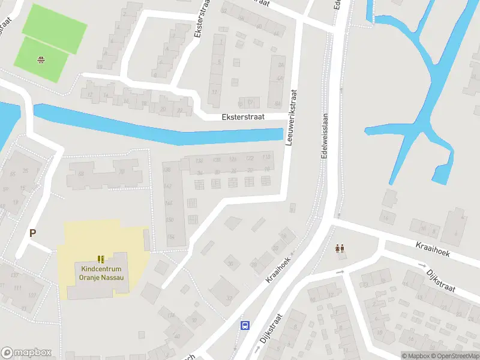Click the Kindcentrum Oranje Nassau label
100,272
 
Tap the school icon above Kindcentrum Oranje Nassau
101,259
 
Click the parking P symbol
33,233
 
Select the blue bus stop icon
245,325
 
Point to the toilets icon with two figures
340,248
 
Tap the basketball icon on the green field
41,59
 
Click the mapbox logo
26,353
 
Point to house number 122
250,158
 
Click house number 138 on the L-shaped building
167,170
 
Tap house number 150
169,220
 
